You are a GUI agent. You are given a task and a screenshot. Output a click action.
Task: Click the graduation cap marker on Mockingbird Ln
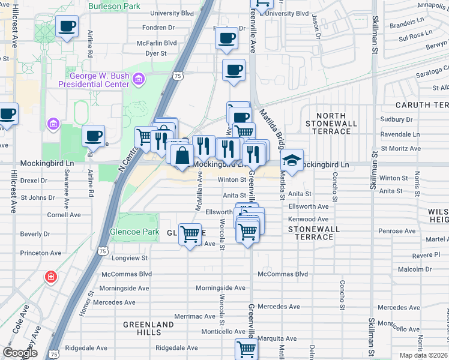(x=292, y=161)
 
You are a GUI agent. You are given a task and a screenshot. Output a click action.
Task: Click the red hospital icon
(x=52, y=277)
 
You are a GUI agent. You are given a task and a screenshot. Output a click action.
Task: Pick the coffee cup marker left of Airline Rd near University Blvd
(x=67, y=27)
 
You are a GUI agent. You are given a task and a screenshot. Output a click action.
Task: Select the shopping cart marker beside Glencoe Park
(x=190, y=234)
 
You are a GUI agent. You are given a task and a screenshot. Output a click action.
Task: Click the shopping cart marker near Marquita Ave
(x=246, y=349)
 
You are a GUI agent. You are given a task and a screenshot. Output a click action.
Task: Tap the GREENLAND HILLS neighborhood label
(x=148, y=328)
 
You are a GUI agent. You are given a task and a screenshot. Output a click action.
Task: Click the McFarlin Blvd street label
(x=157, y=43)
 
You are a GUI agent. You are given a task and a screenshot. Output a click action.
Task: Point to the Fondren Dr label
(x=158, y=28)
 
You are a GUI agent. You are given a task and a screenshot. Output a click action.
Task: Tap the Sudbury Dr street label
(x=396, y=119)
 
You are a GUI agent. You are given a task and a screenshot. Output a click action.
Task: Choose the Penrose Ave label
(x=397, y=231)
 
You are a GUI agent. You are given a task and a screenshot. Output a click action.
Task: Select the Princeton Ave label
(x=41, y=253)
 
